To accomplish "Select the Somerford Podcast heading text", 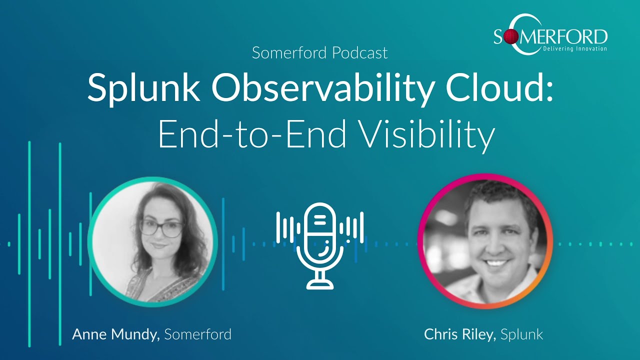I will coord(319,52).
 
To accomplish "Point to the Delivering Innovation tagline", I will coord(574,48).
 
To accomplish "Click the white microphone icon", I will coord(320,245).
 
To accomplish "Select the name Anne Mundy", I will coord(115,334).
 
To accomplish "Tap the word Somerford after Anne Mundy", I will coord(197,334).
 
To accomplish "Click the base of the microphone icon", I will coord(320,284).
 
